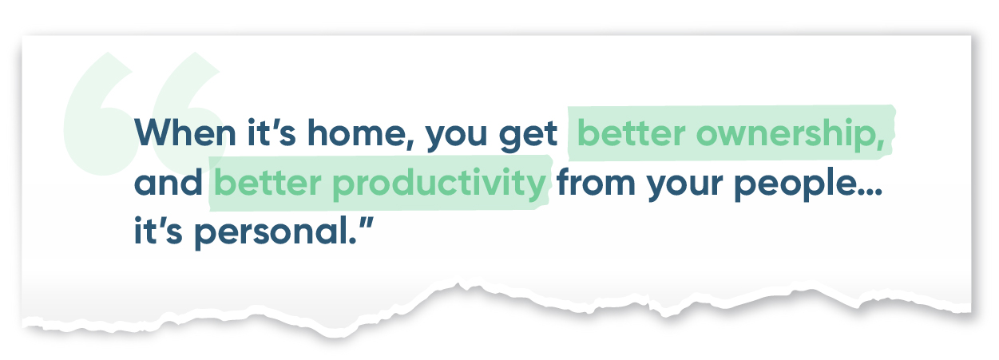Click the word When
pos(185,133)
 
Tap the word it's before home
pos(272,133)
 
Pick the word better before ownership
pos(631,133)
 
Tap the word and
pos(168,182)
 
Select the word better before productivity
pos(268,182)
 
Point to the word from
pos(596,182)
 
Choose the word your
pos(684,186)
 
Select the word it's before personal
pos(158,231)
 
